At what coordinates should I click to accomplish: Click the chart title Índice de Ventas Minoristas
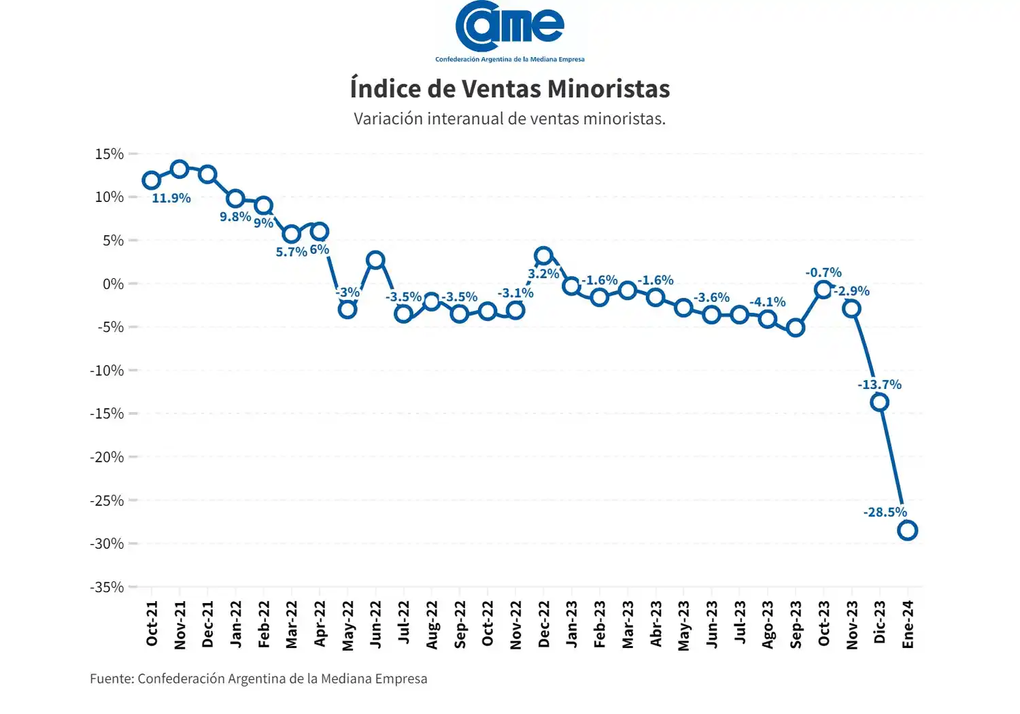(x=510, y=89)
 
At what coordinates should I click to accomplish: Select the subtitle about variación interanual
(x=509, y=119)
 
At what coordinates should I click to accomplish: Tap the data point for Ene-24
(x=907, y=530)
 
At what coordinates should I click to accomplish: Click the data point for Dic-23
(x=879, y=402)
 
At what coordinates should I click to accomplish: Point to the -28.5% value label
(x=885, y=512)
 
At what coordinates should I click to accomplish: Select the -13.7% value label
(x=879, y=385)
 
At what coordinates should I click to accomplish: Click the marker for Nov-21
(x=180, y=169)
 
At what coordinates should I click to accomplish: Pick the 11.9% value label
(x=171, y=199)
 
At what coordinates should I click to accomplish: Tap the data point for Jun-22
(x=375, y=260)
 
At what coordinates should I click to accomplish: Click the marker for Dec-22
(x=543, y=256)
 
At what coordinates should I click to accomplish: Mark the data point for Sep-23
(x=796, y=328)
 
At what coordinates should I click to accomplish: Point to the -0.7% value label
(x=823, y=273)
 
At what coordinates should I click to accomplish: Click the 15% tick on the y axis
(x=109, y=154)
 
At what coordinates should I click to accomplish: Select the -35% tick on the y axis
(x=107, y=587)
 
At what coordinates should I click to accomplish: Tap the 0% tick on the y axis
(x=113, y=284)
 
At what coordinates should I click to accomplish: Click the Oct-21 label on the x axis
(x=152, y=624)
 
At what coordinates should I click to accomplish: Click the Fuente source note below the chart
(x=258, y=679)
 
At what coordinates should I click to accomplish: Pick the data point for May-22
(x=347, y=309)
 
